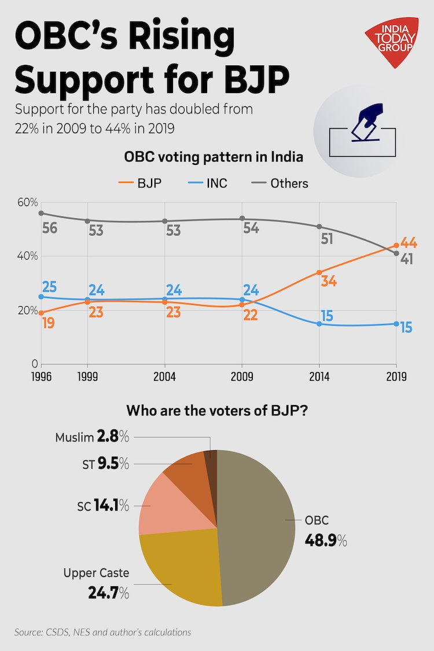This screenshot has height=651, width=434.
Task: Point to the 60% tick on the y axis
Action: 27,203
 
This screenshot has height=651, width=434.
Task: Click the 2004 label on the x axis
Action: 164,376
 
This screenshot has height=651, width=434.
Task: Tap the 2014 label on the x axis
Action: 319,376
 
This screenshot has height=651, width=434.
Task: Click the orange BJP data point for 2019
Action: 396,245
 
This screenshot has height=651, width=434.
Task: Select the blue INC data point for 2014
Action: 319,324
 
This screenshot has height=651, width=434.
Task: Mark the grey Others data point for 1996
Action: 41,213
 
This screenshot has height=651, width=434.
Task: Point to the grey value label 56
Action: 50,228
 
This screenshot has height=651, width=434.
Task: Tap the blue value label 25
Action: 50,286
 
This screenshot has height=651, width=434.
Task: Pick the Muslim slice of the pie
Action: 211,457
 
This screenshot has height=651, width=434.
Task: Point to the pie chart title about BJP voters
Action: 217,412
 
